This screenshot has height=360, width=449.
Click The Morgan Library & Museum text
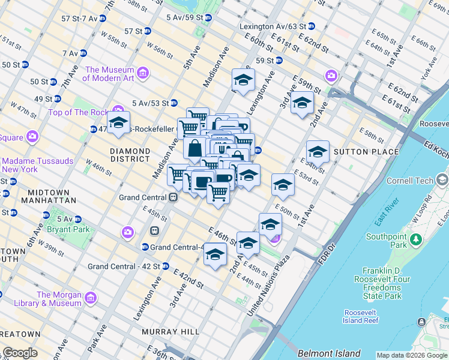click(59, 299)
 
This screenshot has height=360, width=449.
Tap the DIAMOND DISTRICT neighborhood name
click(130, 155)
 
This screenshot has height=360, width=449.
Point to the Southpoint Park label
click(387, 241)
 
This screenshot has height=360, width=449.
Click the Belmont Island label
click(330, 353)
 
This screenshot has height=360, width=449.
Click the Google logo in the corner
click(20, 353)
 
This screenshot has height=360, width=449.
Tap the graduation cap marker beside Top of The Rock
click(119, 124)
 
